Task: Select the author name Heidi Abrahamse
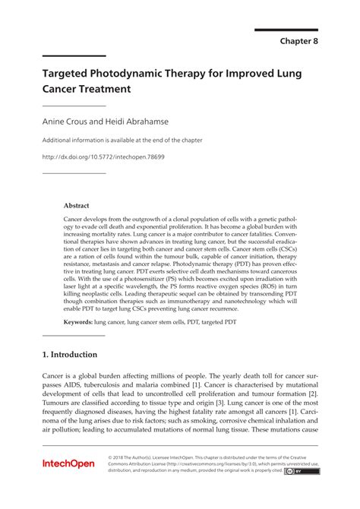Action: [x=138, y=121]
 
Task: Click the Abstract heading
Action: [x=77, y=205]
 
